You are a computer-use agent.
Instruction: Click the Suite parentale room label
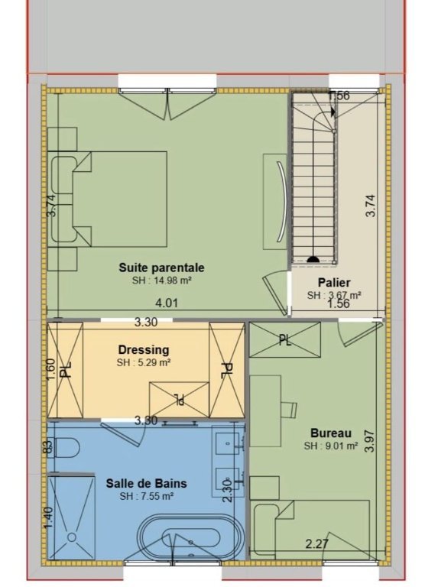click(x=162, y=268)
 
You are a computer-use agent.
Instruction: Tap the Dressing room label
click(x=144, y=349)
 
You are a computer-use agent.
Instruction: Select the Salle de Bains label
click(x=147, y=483)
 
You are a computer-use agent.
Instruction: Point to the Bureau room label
click(x=331, y=433)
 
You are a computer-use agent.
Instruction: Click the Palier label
click(x=334, y=282)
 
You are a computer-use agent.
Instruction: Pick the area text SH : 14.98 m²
click(x=162, y=281)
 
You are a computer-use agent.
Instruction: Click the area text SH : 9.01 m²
click(x=331, y=446)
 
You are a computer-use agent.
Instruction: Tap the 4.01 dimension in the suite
click(x=167, y=303)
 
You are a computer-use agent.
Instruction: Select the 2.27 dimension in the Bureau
click(x=317, y=543)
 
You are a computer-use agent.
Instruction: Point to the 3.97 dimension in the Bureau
click(x=369, y=441)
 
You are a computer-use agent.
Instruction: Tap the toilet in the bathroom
click(x=67, y=448)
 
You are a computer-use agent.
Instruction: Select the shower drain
click(x=71, y=537)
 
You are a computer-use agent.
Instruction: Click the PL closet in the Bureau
click(x=284, y=339)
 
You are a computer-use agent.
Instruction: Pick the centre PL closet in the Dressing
click(x=179, y=400)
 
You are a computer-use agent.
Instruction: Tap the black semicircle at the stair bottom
click(x=313, y=259)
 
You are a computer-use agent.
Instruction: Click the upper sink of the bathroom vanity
click(x=226, y=443)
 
